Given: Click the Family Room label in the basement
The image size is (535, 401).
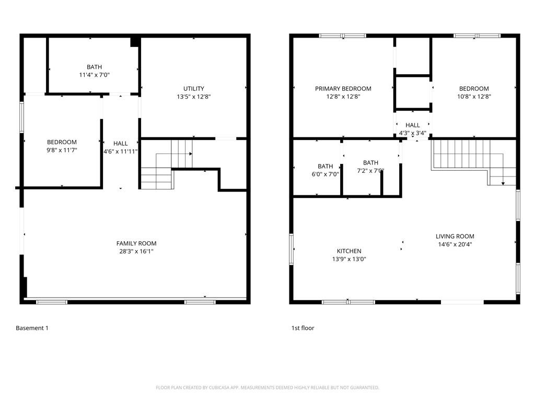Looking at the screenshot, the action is tap(136, 243).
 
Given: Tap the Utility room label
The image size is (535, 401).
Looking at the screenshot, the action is tap(193, 89).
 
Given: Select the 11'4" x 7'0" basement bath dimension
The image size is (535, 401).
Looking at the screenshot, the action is tap(94, 75).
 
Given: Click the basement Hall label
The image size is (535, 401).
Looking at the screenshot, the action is tap(121, 144).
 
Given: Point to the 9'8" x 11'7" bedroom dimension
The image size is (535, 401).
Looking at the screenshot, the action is tap(62, 150).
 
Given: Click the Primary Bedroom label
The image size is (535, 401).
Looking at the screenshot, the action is tap(343, 89).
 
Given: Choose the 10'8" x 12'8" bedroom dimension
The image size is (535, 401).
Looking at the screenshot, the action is tap(474, 97).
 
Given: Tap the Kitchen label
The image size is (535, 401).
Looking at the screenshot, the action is tap(349, 251).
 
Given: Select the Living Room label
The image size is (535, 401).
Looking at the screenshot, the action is tap(455, 237).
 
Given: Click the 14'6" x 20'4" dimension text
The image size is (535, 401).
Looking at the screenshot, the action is tap(455, 244).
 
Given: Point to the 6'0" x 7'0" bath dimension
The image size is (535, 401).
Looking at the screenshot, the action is tap(325, 174).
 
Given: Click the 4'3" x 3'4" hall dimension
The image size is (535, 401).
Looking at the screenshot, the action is tap(413, 133).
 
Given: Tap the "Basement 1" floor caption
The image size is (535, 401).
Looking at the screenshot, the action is tap(32, 328).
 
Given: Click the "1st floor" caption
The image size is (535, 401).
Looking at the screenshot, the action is tap(303, 328).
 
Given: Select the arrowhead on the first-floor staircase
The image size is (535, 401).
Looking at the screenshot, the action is tap(503, 184).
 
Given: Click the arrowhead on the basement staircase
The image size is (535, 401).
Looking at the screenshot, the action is tap(191, 154).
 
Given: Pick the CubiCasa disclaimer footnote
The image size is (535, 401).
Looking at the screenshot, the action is tap(267, 388).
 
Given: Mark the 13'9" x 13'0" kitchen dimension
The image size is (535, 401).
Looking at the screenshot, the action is tap(349, 259).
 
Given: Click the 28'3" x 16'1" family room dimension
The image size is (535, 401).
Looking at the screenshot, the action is tap(136, 252).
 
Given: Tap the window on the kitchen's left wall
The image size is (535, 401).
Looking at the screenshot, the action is tap(292, 249).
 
